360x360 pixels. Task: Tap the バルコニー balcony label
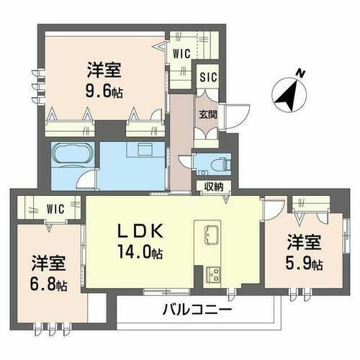pos(196,311)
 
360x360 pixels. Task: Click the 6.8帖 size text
pos(48,284)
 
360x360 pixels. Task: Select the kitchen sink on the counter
pos(213,235)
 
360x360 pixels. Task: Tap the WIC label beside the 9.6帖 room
pos(181,52)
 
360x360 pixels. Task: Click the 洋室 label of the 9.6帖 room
pos(104,71)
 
